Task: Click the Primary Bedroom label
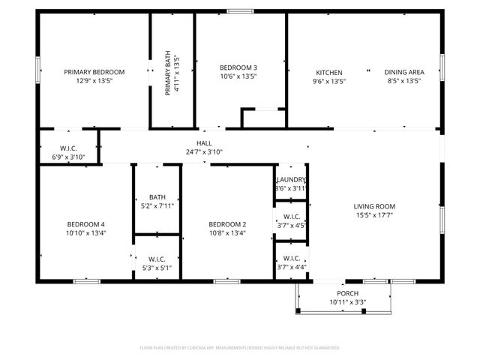(94, 72)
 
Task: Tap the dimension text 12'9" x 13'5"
(94, 81)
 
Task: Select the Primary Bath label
(172, 73)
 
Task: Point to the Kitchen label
(328, 72)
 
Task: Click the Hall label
(204, 142)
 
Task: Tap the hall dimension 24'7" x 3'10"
(204, 151)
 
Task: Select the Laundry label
(291, 180)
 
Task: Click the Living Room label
(374, 206)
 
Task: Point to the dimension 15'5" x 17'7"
(374, 215)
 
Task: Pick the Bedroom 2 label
(227, 224)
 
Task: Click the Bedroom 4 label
(85, 224)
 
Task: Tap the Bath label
(157, 197)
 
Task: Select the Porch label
(347, 293)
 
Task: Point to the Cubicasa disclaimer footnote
(240, 348)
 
